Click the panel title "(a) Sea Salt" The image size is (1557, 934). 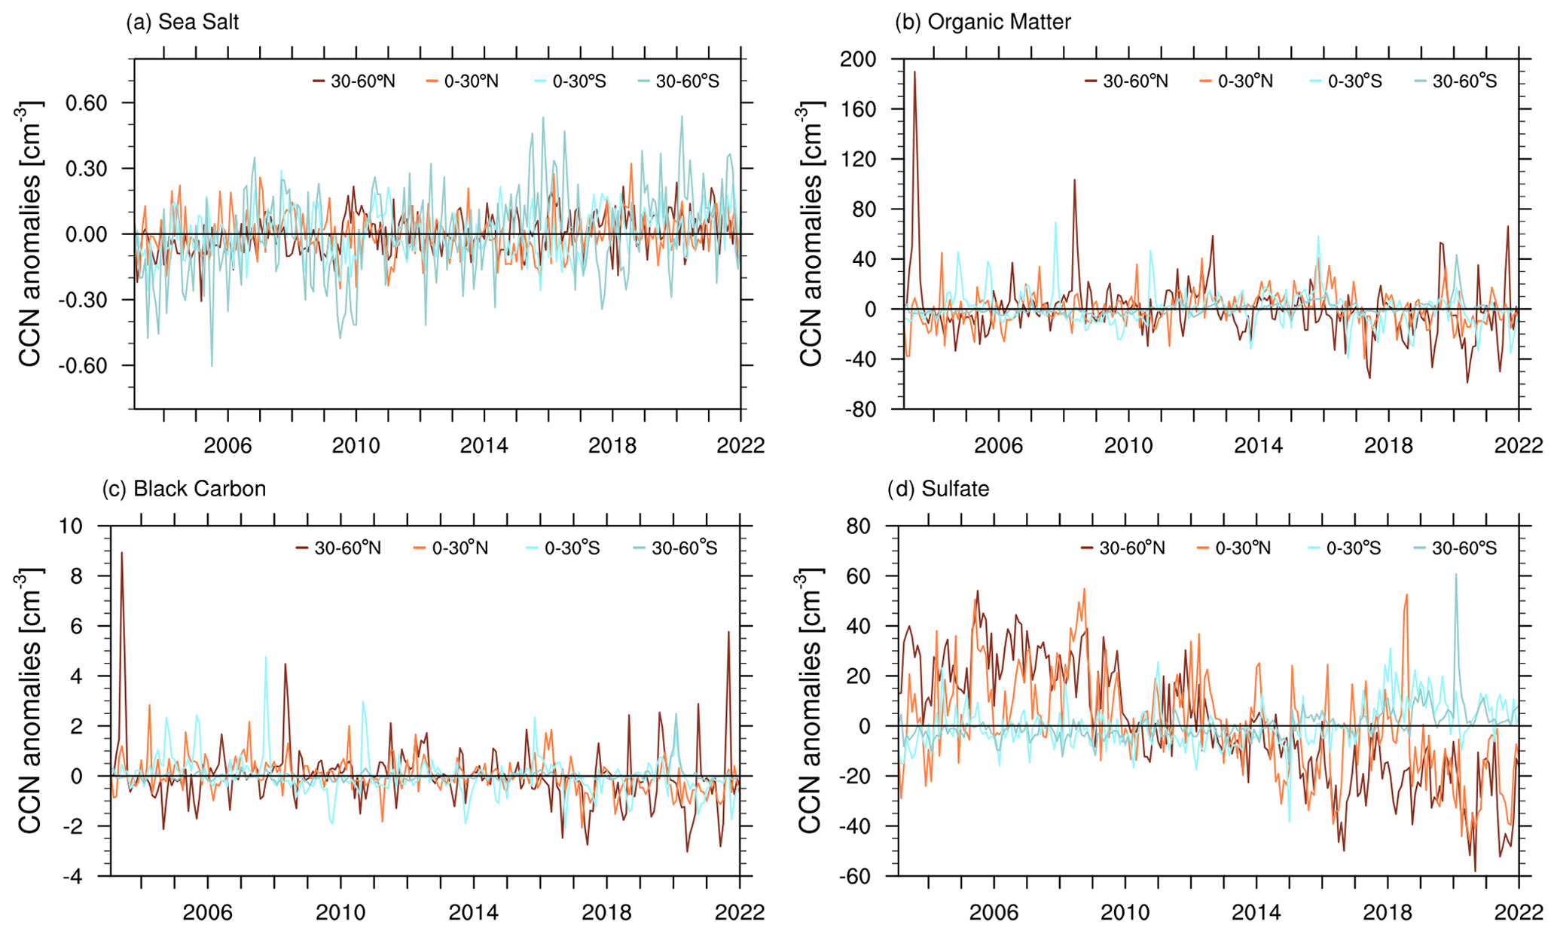coord(182,23)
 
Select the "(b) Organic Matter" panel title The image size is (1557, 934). coord(982,23)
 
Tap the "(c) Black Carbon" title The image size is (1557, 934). coord(184,490)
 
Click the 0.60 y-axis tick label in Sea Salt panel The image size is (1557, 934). coord(87,103)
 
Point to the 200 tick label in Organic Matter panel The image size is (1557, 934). coord(859,60)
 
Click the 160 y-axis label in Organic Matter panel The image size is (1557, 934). coord(859,110)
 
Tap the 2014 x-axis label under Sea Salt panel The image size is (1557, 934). coord(484,446)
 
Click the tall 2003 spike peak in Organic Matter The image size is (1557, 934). coord(914,72)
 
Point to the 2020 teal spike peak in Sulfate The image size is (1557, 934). coord(1455,575)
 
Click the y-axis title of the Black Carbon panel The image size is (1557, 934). coord(29,700)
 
